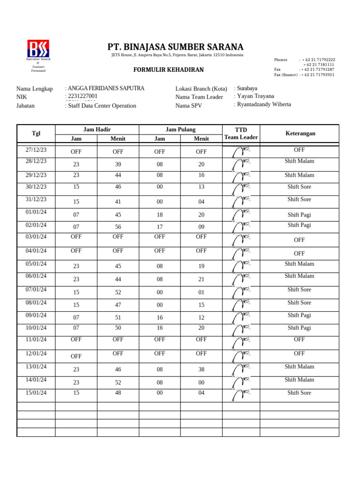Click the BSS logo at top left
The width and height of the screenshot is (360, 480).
pos(38,49)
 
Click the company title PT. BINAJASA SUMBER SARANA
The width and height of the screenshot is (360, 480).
pos(175,47)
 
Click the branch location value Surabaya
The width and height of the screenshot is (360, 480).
pos(247,88)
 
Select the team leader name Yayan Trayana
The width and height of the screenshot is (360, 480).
pos(255,96)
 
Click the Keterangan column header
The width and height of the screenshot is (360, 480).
pos(300,134)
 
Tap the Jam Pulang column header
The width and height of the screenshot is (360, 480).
pos(180,129)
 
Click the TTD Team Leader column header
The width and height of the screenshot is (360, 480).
pos(241,134)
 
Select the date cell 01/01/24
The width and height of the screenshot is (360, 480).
pos(36,212)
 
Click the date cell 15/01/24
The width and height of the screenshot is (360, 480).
pos(36,392)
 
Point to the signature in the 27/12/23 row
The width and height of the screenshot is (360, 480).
pos(241,151)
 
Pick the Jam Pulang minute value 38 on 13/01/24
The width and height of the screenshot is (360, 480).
pos(202,369)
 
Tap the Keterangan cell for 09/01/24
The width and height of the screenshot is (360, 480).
pos(299,315)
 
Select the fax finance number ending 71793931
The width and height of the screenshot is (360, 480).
pos(318,75)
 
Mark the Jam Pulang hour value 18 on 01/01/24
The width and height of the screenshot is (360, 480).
pos(160,215)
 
